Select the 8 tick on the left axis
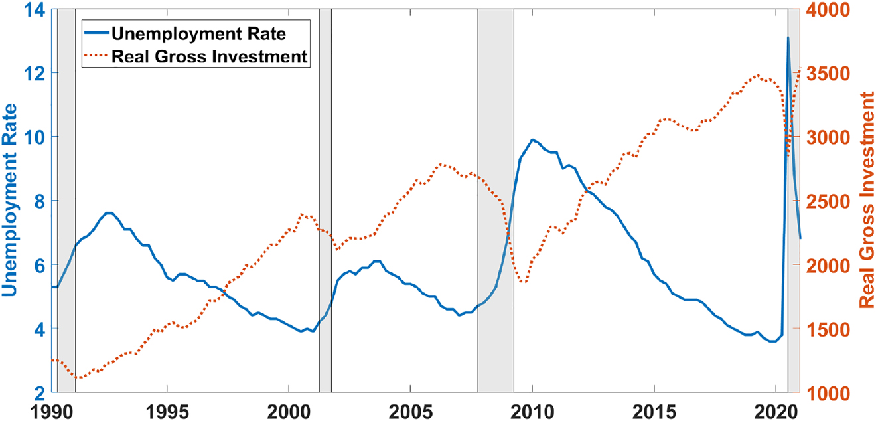tap(39, 201)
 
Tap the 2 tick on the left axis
tap(39, 392)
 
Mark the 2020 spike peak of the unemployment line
tap(788, 37)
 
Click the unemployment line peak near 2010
tap(532, 140)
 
